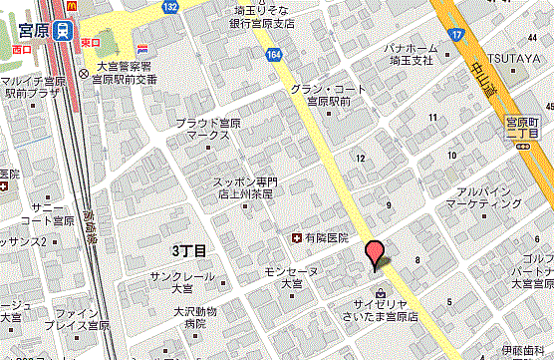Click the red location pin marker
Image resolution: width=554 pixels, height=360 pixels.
pyautogui.click(x=375, y=253)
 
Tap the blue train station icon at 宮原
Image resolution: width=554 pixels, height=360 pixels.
pyautogui.click(x=63, y=31)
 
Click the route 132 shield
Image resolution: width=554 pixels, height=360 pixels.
pyautogui.click(x=170, y=8)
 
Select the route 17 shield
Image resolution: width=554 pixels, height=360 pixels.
pyautogui.click(x=456, y=36)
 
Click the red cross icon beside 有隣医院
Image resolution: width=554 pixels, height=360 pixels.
pyautogui.click(x=296, y=238)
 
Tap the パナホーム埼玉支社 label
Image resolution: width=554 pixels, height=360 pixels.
pyautogui.click(x=423, y=54)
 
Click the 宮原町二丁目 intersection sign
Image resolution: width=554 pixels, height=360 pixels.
pyautogui.click(x=522, y=127)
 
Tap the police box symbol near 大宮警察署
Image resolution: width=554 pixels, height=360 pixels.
pyautogui.click(x=83, y=74)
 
